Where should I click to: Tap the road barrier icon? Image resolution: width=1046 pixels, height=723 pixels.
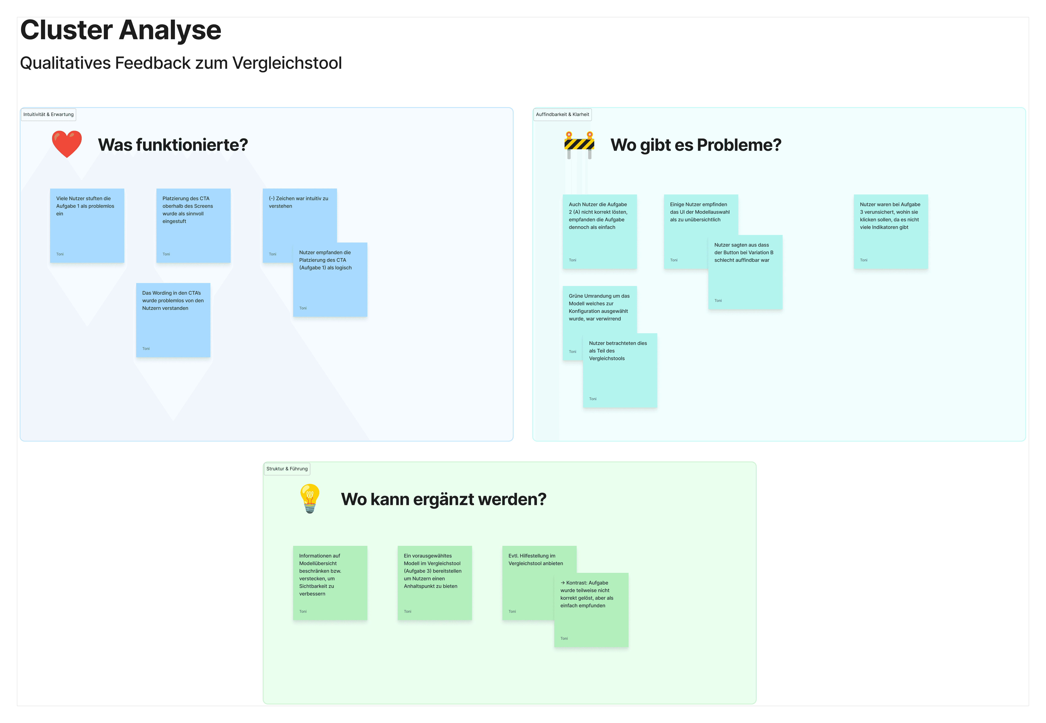579,145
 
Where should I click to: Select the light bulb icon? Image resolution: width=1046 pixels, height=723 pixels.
310,498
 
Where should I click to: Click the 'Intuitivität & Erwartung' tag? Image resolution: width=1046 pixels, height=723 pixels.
49,115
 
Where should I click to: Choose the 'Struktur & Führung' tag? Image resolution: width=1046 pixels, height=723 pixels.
287,469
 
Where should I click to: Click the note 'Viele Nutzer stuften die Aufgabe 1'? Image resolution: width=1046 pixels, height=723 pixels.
87,226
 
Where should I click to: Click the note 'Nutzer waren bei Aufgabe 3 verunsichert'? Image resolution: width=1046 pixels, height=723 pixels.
891,232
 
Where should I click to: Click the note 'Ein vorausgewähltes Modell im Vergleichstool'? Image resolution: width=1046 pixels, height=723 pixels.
434,583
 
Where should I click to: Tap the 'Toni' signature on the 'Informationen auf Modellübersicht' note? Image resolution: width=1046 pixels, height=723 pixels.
303,612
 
